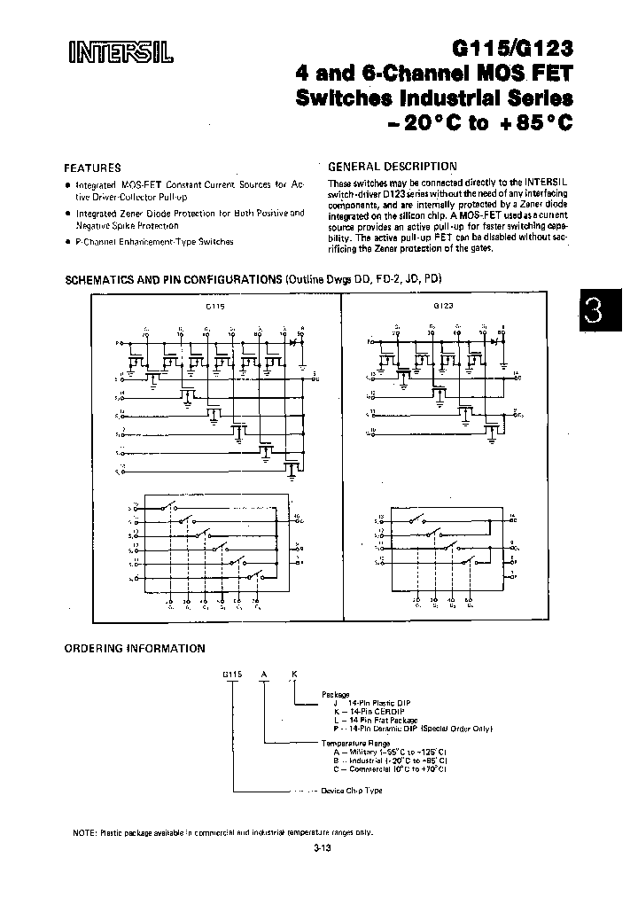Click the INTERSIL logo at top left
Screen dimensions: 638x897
click(121, 53)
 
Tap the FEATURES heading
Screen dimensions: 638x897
click(92, 168)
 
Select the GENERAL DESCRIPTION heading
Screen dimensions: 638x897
click(393, 166)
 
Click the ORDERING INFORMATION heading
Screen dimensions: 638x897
click(135, 648)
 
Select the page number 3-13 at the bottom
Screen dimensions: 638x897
click(322, 850)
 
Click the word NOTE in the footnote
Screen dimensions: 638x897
click(85, 832)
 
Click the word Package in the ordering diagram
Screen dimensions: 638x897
click(336, 695)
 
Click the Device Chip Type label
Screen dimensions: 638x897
click(350, 790)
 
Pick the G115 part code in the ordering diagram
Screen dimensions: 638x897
click(231, 674)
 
